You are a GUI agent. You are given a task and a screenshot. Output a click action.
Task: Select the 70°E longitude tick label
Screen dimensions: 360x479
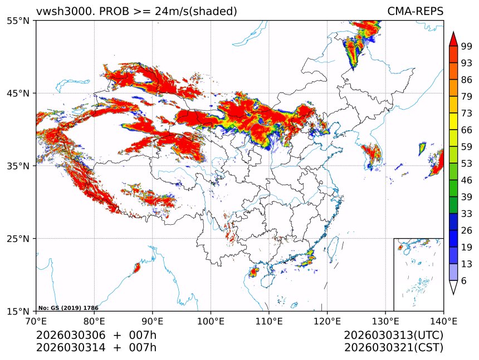click(x=36, y=321)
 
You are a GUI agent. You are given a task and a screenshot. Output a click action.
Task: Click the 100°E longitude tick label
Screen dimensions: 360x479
click(x=211, y=321)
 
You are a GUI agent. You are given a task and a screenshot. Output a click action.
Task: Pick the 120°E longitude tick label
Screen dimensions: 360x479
click(x=327, y=321)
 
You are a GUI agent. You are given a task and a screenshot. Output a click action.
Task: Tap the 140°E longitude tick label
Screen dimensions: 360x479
click(x=443, y=321)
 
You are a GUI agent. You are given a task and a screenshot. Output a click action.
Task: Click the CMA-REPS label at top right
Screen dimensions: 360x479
click(x=416, y=12)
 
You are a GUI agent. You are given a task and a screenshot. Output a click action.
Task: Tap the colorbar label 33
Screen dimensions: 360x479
click(x=466, y=214)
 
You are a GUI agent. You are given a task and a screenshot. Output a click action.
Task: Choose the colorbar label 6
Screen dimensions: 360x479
click(x=463, y=281)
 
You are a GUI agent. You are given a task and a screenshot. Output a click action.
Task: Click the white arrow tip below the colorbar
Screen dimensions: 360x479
click(x=453, y=288)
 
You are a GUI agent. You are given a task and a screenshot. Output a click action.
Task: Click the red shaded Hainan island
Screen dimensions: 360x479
click(x=254, y=272)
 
